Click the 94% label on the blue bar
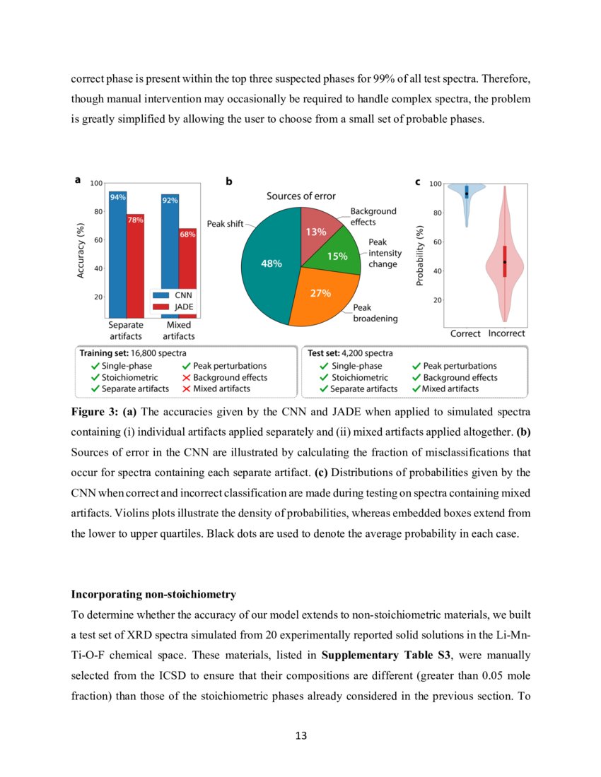pyautogui.click(x=117, y=197)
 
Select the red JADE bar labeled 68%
pyautogui.click(x=187, y=275)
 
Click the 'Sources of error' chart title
pyautogui.click(x=300, y=196)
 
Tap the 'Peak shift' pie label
pyautogui.click(x=225, y=224)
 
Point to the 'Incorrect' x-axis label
pyautogui.click(x=506, y=333)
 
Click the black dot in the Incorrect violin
pyautogui.click(x=505, y=262)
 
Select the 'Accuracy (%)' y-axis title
pyautogui.click(x=81, y=251)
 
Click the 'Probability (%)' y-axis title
pyautogui.click(x=419, y=256)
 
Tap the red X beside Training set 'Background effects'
pyautogui.click(x=187, y=377)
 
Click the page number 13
pyautogui.click(x=300, y=735)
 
